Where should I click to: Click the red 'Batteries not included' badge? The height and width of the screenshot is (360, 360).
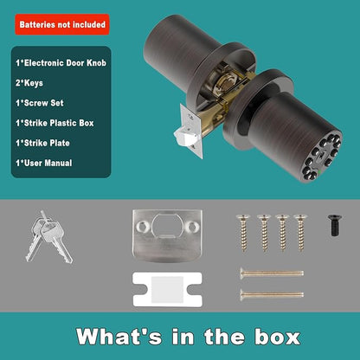click(62, 24)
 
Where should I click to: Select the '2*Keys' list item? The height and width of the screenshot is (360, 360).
click(29, 83)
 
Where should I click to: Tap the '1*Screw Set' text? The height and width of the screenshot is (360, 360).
click(40, 103)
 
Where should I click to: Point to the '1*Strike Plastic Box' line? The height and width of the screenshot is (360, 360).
click(55, 123)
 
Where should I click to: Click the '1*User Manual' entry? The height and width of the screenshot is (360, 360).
click(44, 163)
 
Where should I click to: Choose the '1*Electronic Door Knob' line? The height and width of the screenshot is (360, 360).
click(61, 63)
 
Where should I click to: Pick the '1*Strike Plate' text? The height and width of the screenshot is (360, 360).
click(42, 143)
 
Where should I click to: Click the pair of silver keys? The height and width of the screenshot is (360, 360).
click(48, 236)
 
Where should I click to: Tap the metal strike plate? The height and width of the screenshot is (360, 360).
click(167, 236)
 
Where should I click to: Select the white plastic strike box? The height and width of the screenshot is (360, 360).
click(167, 290)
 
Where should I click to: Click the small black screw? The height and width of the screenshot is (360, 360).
click(335, 225)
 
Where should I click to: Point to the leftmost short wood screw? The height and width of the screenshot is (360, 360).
click(243, 233)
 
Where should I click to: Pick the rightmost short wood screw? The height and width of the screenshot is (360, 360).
click(300, 233)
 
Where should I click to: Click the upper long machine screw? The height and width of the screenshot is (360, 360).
click(272, 273)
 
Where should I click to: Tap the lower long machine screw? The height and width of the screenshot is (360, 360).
click(272, 294)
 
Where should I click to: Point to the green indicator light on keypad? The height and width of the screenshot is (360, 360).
click(320, 175)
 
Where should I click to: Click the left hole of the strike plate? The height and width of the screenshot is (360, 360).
click(142, 227)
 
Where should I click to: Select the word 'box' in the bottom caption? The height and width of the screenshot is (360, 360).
click(278, 337)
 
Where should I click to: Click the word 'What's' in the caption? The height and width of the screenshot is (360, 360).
click(119, 337)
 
